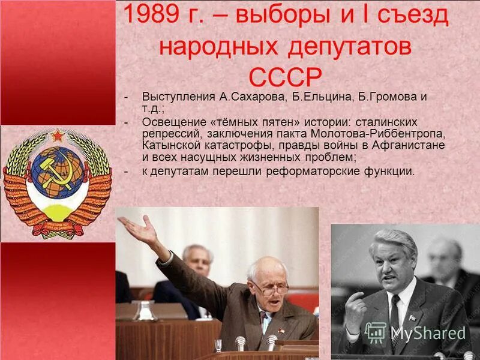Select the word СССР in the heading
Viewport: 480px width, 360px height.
click(285, 77)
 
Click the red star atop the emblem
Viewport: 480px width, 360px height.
click(58, 136)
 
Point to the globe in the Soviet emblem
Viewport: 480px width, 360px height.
click(58, 173)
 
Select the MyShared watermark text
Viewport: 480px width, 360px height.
click(428, 333)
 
